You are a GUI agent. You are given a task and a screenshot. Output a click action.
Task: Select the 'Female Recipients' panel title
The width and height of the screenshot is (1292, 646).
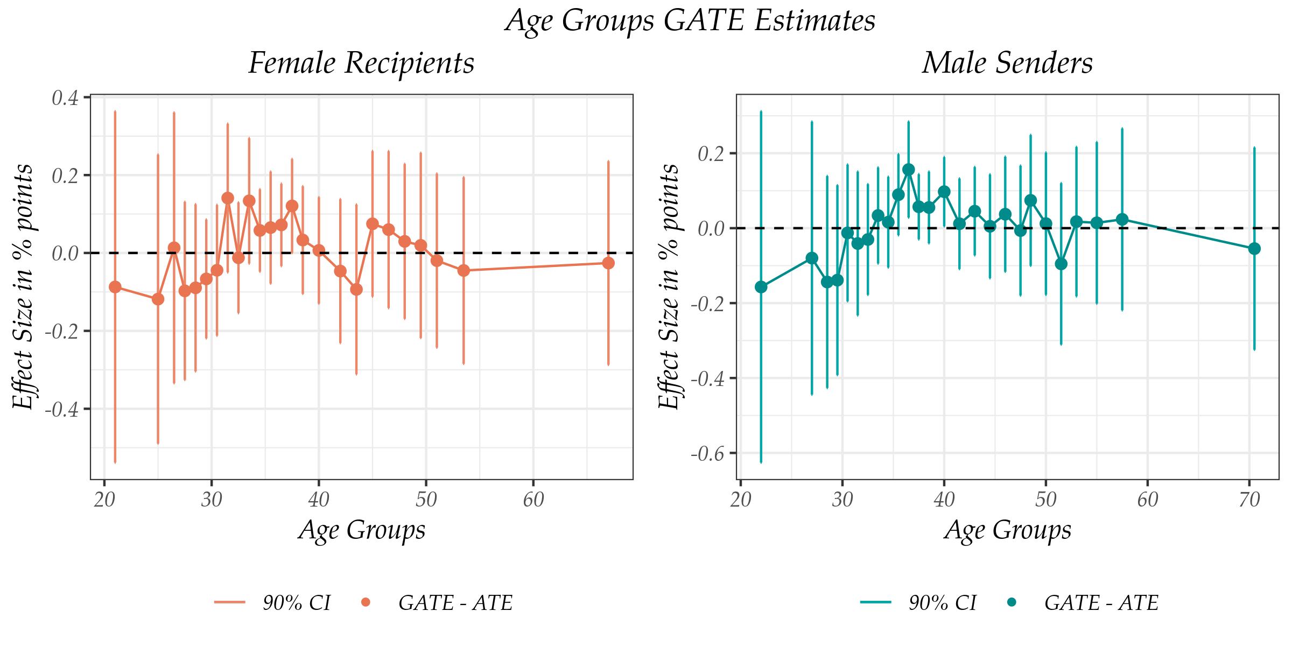361,64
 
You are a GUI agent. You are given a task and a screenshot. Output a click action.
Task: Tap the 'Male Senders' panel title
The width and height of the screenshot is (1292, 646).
1007,64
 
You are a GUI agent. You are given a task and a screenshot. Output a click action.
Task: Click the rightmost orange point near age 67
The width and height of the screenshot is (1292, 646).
608,263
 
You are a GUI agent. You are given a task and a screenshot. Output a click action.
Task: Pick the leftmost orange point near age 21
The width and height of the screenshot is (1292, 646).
115,287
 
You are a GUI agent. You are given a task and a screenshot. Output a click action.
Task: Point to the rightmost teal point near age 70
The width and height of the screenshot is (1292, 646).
1254,248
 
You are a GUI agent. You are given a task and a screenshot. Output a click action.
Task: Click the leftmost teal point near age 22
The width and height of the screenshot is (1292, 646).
761,287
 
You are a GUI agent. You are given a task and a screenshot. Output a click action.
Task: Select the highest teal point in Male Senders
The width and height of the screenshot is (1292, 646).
909,170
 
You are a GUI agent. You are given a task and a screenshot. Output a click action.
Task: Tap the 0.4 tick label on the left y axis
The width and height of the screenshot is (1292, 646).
64,99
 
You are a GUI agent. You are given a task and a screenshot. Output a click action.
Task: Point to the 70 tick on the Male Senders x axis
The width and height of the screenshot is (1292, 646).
1249,501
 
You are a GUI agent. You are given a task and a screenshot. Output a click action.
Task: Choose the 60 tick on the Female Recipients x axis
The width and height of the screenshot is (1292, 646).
533,501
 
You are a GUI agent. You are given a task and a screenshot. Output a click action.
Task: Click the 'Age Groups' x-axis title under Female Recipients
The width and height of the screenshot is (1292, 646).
361,530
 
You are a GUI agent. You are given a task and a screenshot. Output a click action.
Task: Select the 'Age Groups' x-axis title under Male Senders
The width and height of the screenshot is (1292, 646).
1007,530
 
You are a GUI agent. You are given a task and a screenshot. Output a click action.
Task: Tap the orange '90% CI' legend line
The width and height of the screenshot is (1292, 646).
230,602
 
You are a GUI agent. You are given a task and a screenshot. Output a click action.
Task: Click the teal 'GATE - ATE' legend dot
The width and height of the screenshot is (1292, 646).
1011,602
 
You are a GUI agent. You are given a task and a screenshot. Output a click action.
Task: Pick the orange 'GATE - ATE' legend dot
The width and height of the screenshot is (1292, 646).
365,602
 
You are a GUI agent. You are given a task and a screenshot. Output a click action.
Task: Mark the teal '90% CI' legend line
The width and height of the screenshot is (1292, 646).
876,602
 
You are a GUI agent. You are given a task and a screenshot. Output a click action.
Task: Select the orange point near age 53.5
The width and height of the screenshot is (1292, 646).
464,270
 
